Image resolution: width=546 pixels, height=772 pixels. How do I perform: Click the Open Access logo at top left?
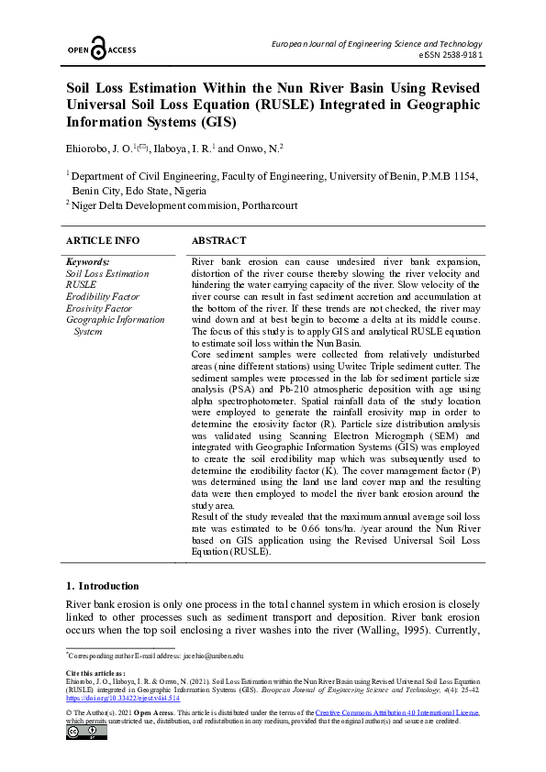tap(99, 50)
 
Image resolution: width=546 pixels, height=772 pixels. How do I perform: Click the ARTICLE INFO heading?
tap(103, 240)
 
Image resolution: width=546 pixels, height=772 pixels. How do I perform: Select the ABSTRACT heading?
tap(218, 240)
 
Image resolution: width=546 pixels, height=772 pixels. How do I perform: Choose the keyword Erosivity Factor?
tap(99, 309)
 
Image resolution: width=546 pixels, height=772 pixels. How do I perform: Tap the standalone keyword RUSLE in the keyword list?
tap(81, 285)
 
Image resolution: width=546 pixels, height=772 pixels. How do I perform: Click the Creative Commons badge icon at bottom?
tap(80, 733)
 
